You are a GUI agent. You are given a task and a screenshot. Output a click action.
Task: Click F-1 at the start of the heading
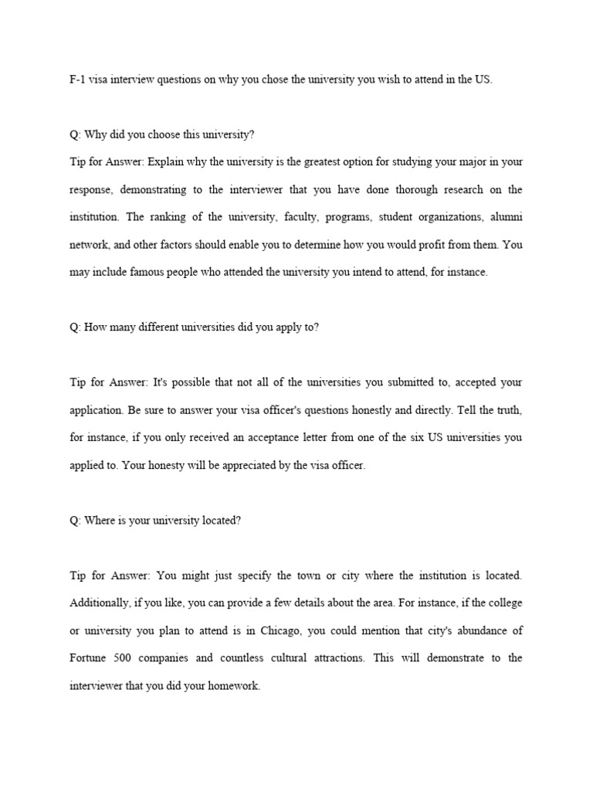click(x=76, y=80)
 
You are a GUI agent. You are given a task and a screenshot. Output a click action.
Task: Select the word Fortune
click(x=87, y=658)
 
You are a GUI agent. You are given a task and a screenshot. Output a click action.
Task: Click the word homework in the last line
click(x=236, y=685)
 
